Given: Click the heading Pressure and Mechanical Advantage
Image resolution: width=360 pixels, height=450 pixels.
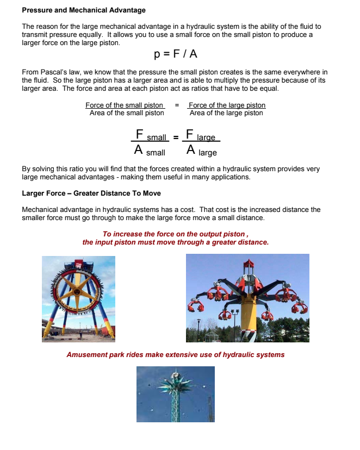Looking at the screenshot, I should click(84, 10).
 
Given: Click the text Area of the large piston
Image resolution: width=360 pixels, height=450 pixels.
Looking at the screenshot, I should click(226, 113).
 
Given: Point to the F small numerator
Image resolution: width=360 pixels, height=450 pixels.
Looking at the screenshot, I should click(150, 135).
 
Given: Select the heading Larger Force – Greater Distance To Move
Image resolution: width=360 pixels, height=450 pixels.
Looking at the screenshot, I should click(91, 193).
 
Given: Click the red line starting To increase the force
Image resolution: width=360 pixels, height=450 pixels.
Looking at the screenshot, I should click(172, 234).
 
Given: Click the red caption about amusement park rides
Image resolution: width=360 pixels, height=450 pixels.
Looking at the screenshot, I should click(175, 355).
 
